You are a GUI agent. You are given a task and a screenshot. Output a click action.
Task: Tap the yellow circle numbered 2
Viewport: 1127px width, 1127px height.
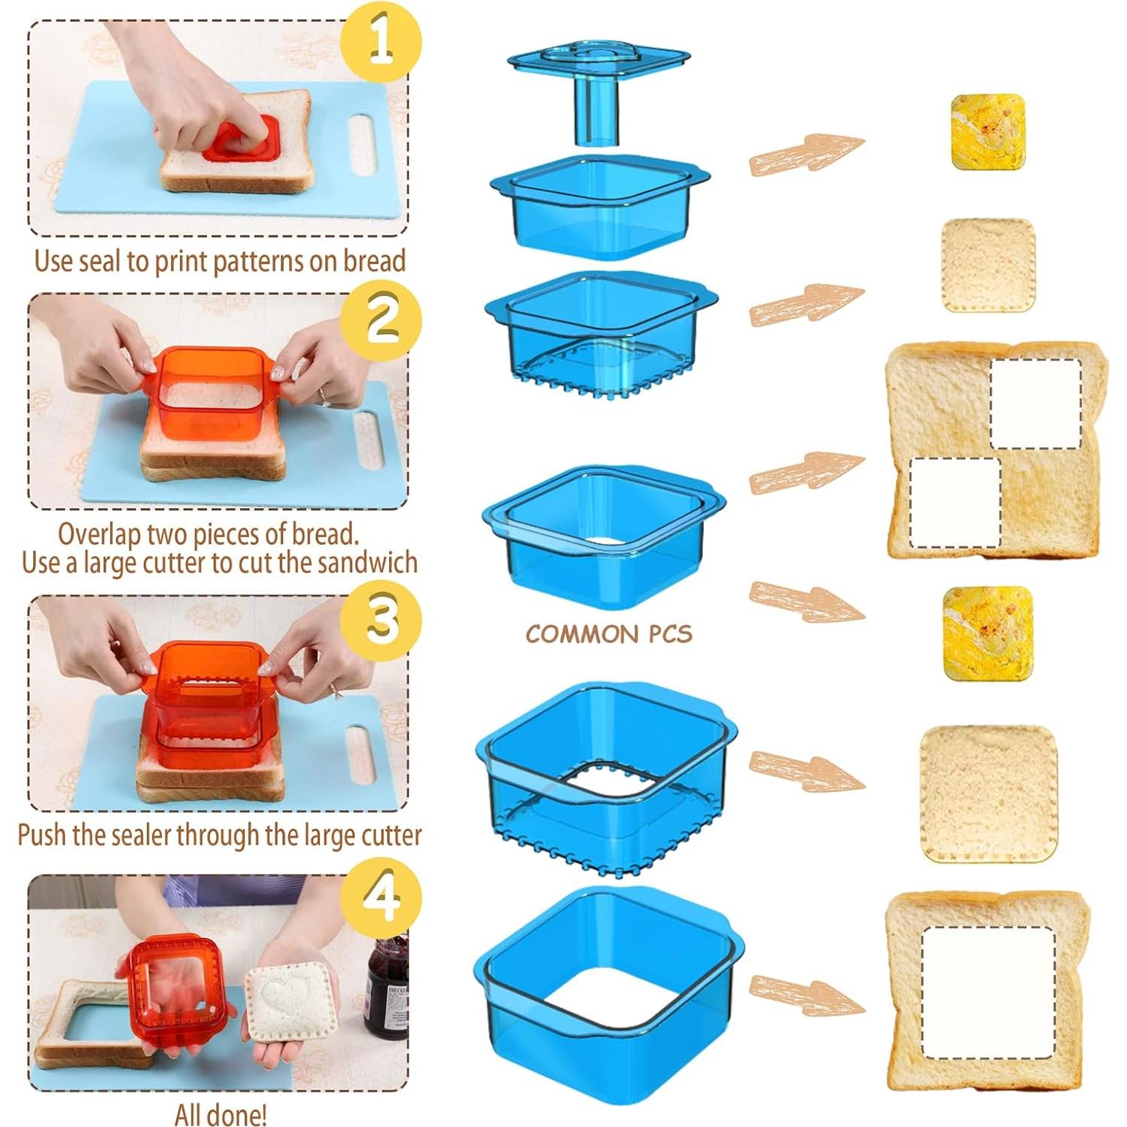pyautogui.click(x=380, y=320)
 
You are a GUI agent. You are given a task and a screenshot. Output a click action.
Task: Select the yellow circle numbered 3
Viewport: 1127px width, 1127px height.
pyautogui.click(x=380, y=620)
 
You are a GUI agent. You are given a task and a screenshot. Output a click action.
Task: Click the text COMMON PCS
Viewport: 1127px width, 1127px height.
pyautogui.click(x=608, y=634)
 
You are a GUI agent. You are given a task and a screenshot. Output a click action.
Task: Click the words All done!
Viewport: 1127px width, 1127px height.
pyautogui.click(x=220, y=1114)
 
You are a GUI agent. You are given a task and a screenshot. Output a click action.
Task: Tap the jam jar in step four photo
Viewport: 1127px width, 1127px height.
pyautogui.click(x=387, y=988)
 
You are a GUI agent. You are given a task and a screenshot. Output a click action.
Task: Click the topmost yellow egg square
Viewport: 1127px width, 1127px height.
pyautogui.click(x=988, y=131)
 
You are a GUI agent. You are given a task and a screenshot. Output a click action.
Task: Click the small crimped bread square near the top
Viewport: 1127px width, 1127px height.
pyautogui.click(x=988, y=265)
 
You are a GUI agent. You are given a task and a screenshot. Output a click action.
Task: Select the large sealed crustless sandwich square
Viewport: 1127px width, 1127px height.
pyautogui.click(x=988, y=793)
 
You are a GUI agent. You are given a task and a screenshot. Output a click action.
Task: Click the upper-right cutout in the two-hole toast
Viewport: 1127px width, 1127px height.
pyautogui.click(x=1035, y=404)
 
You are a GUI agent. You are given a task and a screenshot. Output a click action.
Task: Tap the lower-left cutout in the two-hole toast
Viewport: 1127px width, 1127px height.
pyautogui.click(x=955, y=502)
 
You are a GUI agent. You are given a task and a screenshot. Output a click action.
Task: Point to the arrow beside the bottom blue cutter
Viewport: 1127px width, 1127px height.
pyautogui.click(x=806, y=994)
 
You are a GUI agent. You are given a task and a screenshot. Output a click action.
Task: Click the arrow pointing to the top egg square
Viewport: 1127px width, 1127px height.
pyautogui.click(x=806, y=154)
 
